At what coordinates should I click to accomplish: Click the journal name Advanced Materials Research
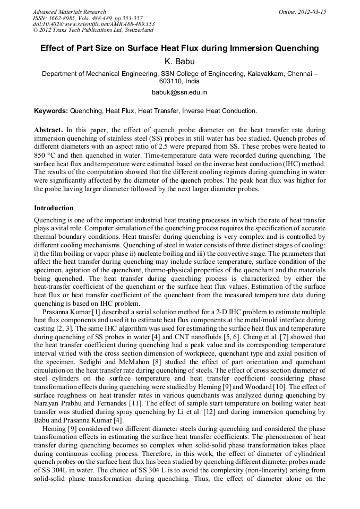click(x=69, y=12)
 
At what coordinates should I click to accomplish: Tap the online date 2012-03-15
click(x=314, y=12)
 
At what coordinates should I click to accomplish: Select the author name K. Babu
click(x=180, y=62)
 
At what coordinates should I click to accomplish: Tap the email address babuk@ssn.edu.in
click(x=180, y=92)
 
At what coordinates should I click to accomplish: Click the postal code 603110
click(x=173, y=82)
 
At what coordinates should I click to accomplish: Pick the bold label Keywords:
click(x=51, y=111)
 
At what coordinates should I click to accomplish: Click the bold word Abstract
click(x=48, y=130)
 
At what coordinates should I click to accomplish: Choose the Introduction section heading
click(x=54, y=208)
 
